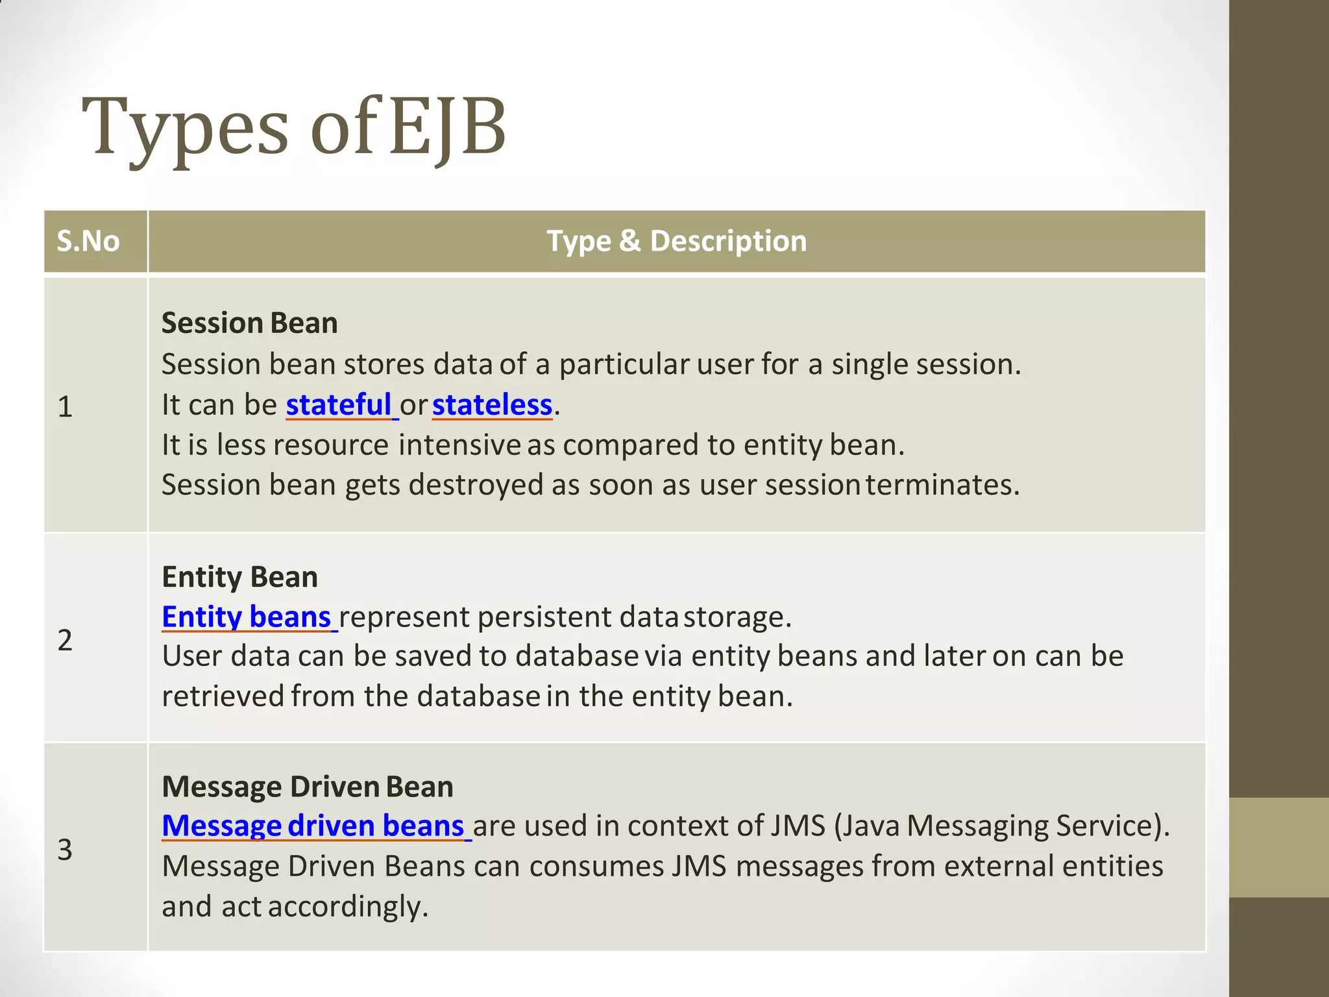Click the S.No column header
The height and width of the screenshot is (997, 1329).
point(88,241)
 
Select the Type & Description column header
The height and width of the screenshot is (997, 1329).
point(676,241)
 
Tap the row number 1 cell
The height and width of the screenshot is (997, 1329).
point(65,407)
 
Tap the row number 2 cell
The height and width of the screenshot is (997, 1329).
point(65,640)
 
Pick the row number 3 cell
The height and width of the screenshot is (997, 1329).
point(65,849)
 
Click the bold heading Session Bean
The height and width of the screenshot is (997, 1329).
point(250,323)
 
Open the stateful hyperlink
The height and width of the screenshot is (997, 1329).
point(339,405)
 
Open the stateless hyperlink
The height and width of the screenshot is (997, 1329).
point(492,405)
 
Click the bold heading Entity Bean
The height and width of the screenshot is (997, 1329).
point(239,577)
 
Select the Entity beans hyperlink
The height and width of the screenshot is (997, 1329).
point(247,617)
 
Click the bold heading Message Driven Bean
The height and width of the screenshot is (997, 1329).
point(307,787)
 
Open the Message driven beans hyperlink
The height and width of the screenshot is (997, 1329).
point(313,826)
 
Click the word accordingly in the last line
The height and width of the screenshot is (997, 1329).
point(348,906)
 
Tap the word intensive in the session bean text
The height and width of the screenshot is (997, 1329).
point(459,445)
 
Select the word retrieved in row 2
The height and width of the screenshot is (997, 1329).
point(223,696)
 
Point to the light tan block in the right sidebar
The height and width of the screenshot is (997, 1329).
point(1278,847)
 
